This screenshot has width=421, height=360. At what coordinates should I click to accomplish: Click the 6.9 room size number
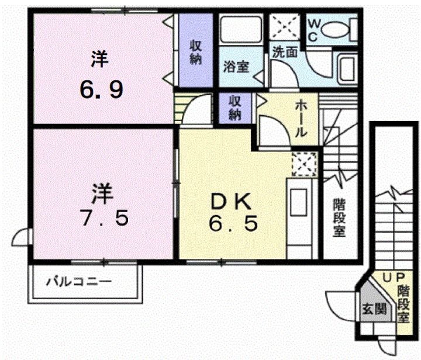[x=102, y=89]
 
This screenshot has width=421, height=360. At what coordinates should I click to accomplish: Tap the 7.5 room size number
[x=104, y=218]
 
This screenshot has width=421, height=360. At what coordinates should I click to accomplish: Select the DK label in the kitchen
[x=231, y=202]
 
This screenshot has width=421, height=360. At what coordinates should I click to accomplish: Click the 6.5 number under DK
[x=233, y=223]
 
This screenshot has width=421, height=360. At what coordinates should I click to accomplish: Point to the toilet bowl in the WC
[x=334, y=30]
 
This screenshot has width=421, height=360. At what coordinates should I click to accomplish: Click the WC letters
[x=313, y=30]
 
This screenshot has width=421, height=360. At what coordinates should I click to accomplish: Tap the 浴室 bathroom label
[x=236, y=67]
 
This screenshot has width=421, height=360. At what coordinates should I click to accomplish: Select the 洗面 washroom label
[x=285, y=52]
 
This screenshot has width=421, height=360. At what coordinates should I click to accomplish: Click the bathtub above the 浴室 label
[x=240, y=29]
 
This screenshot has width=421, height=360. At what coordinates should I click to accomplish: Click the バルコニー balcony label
[x=79, y=282]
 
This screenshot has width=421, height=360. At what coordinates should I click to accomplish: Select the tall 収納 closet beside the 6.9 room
[x=196, y=50]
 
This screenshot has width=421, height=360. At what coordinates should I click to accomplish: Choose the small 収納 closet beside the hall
[x=235, y=108]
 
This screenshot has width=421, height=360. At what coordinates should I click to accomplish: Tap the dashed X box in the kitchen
[x=305, y=164]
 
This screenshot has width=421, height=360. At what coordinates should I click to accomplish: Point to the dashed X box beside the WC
[x=285, y=26]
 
